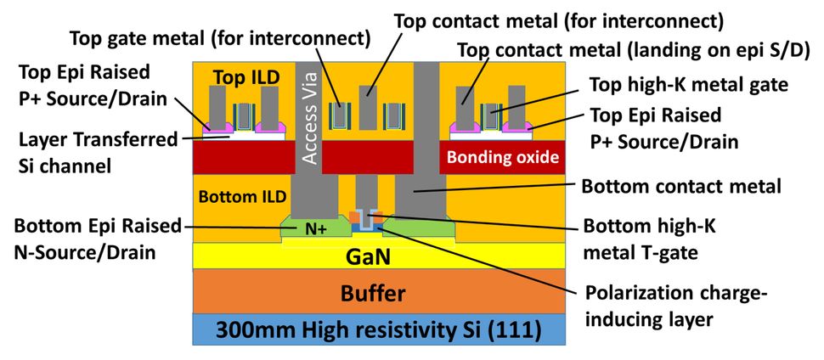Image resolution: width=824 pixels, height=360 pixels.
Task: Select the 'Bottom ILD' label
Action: click(x=239, y=197)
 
